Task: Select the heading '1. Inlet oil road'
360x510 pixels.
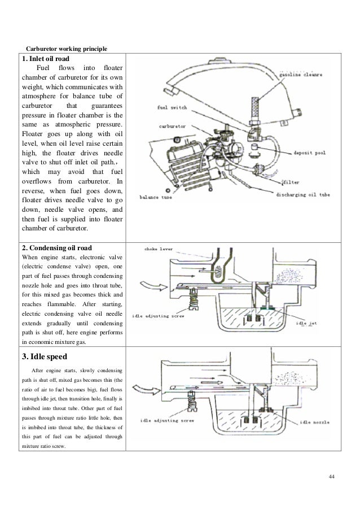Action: [47, 58]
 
